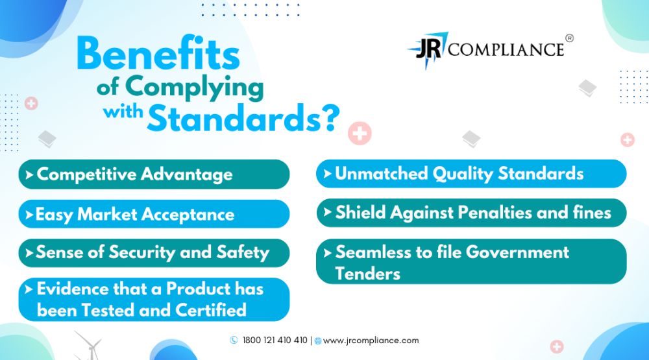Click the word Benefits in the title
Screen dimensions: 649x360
(x=158, y=53)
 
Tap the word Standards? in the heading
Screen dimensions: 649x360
(x=243, y=118)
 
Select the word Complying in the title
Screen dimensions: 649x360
(x=194, y=88)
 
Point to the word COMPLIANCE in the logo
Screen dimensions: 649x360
(x=506, y=50)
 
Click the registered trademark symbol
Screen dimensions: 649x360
(x=570, y=38)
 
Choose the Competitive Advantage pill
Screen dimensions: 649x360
(x=154, y=174)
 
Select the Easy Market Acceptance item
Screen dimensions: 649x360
(x=154, y=214)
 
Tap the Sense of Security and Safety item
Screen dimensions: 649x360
(x=154, y=253)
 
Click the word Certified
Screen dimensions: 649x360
(x=211, y=310)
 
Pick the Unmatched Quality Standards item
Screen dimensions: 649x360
(x=471, y=174)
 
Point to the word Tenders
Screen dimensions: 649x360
(x=367, y=274)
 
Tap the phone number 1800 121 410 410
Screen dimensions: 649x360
(x=275, y=340)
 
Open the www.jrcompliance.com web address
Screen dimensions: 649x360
(x=371, y=341)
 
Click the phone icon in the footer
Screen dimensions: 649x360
(x=234, y=340)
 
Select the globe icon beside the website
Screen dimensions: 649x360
(x=318, y=341)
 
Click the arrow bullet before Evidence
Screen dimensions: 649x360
(x=29, y=289)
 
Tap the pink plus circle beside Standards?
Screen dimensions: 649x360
(x=360, y=133)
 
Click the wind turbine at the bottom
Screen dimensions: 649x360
(x=88, y=346)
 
